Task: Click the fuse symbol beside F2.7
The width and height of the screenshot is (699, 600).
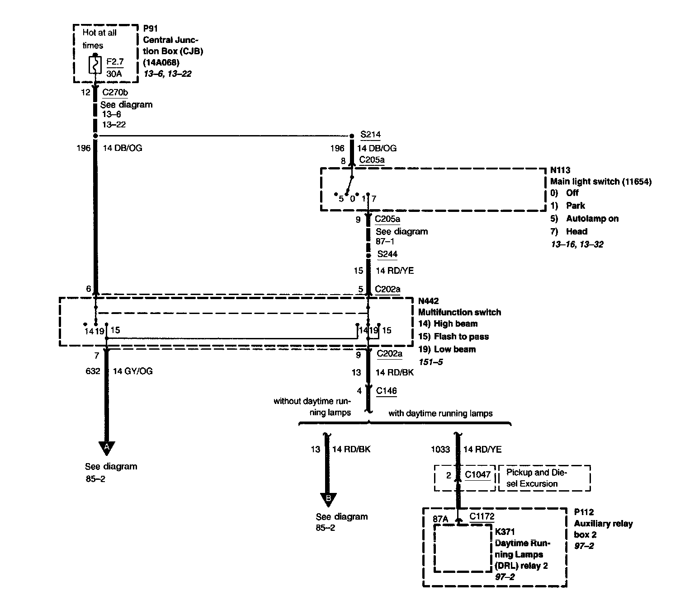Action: coord(95,65)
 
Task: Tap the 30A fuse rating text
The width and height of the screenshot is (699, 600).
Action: coord(114,74)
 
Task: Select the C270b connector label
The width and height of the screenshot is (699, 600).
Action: coord(115,92)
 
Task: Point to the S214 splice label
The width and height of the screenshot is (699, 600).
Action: coord(370,135)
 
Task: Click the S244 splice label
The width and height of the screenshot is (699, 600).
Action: coord(387,254)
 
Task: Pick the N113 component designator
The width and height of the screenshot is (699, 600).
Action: coord(560,170)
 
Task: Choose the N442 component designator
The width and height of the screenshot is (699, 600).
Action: coord(429,301)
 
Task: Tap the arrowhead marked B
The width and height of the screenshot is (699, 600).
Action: coord(328,499)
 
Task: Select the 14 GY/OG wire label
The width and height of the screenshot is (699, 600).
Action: coord(132,371)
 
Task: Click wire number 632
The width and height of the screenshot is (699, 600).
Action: coord(93,371)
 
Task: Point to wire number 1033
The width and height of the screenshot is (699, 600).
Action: coord(440,449)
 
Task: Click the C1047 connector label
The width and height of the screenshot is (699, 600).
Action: coord(477,474)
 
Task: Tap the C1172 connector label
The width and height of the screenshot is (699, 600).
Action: coord(482,516)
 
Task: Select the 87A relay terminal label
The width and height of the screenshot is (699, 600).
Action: coord(440,519)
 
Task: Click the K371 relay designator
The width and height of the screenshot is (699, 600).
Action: coord(505,531)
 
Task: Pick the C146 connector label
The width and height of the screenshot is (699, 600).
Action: coord(386,391)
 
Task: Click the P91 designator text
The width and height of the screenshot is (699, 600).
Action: coord(151,28)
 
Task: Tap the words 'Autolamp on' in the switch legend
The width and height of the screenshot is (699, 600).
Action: coord(592,218)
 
